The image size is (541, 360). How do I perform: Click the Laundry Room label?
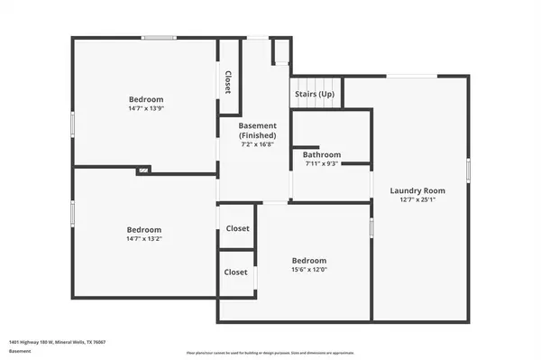click(417, 190)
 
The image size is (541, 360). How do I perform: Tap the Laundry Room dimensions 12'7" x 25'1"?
click(417, 199)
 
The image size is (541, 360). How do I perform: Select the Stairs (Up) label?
click(314, 94)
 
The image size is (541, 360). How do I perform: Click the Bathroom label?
click(320, 154)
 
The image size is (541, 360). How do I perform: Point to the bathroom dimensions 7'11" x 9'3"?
click(320, 163)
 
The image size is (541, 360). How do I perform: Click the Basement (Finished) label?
click(257, 130)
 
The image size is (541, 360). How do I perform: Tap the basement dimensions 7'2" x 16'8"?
click(257, 144)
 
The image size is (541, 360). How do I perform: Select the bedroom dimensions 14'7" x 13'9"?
click(145, 108)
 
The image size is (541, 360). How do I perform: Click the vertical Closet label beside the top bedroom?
click(228, 82)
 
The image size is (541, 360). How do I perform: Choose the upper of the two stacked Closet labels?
click(237, 228)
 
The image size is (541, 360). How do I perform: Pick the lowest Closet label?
click(236, 272)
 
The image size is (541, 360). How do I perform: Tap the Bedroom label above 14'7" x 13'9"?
click(145, 98)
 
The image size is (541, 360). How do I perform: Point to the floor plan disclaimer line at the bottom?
click(270, 352)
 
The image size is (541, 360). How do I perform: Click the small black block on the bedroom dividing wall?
click(143, 169)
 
